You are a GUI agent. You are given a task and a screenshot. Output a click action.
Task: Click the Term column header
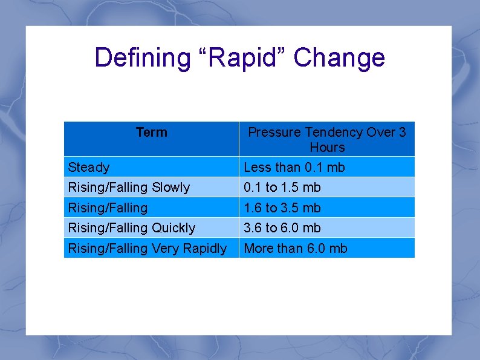click(x=152, y=132)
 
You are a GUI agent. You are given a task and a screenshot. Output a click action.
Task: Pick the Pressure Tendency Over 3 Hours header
click(x=327, y=139)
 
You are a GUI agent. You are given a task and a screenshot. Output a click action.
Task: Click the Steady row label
click(x=89, y=167)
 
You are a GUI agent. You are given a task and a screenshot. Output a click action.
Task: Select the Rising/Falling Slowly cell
click(x=129, y=188)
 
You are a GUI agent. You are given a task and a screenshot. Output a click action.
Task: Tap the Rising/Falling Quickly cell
click(x=132, y=228)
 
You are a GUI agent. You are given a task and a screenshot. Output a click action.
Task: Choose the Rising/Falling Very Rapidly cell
click(x=148, y=248)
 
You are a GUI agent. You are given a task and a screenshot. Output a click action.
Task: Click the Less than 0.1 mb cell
click(x=294, y=167)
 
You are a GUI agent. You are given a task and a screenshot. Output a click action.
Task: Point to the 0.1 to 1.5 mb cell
click(x=282, y=188)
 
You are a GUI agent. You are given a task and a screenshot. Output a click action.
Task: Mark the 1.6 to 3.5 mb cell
click(x=282, y=208)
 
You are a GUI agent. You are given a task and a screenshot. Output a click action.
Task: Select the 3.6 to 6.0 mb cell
click(x=282, y=228)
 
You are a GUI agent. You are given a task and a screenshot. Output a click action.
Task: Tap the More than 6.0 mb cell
click(x=295, y=248)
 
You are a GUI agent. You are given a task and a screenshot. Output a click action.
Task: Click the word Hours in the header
click(x=327, y=148)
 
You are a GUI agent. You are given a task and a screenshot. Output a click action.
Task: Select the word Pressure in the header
click(x=275, y=132)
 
